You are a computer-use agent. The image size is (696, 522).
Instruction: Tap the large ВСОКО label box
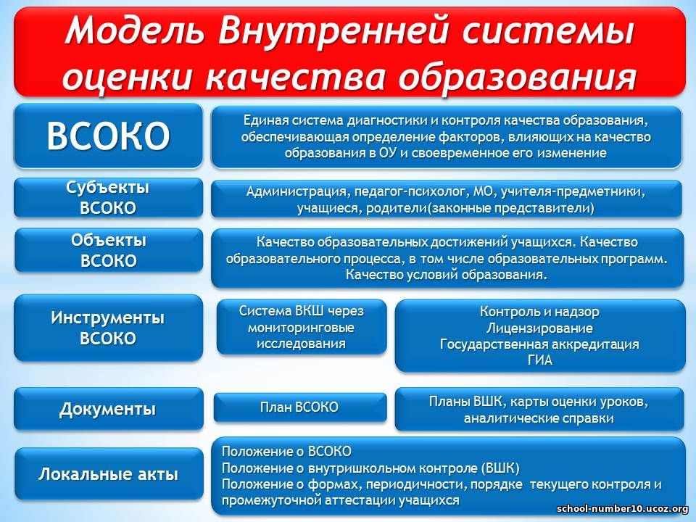(108, 136)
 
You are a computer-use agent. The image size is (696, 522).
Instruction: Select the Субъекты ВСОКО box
(108, 197)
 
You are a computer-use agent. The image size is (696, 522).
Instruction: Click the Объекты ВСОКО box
(109, 250)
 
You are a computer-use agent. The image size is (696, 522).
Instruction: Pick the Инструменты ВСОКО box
(108, 328)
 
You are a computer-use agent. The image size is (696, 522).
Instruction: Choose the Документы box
(108, 409)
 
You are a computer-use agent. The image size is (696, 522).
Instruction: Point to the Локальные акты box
(109, 474)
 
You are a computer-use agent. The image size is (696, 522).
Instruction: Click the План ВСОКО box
(300, 407)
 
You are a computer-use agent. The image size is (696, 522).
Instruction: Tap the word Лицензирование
(539, 328)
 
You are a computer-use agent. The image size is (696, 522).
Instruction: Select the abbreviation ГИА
(539, 360)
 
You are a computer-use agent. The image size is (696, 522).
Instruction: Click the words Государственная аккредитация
(539, 344)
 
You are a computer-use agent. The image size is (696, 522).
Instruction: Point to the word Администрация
(297, 191)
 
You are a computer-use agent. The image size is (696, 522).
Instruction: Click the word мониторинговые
(301, 328)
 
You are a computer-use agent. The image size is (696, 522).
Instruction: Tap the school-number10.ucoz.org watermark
(622, 509)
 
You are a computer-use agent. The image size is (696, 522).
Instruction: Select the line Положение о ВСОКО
(286, 452)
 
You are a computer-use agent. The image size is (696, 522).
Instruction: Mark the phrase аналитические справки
(539, 418)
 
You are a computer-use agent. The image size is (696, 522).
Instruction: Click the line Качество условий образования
(446, 274)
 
